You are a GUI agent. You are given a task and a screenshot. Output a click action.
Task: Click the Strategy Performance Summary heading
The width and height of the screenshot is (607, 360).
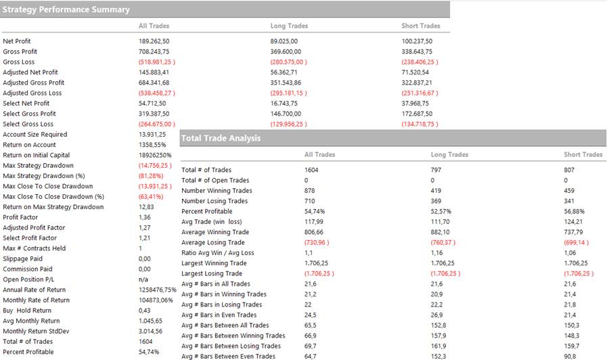point(66,9)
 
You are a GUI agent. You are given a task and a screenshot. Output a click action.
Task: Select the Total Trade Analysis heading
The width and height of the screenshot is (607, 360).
point(221,138)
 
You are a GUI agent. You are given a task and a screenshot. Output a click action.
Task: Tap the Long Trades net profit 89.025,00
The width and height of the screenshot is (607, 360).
point(284,41)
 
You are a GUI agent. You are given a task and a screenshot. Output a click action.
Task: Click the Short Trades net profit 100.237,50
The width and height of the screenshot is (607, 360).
point(417,41)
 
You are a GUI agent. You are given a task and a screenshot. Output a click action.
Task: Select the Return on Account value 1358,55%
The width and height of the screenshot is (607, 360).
point(152,145)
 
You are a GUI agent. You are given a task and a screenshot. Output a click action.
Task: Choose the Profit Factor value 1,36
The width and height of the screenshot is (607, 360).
point(145,217)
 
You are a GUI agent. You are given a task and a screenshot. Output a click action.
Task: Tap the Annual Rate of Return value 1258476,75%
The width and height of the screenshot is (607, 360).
point(157,290)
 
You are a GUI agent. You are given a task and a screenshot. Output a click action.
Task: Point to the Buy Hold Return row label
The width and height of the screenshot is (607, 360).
point(27,311)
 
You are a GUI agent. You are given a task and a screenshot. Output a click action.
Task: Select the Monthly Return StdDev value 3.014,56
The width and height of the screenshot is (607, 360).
point(152,331)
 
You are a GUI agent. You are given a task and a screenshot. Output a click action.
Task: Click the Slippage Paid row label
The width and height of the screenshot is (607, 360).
point(22,258)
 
